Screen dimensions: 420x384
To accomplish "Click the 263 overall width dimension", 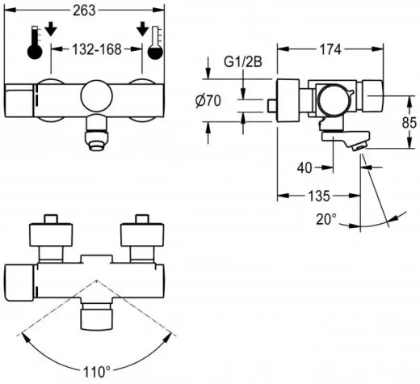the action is pyautogui.click(x=85, y=11).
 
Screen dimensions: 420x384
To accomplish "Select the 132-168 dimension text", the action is pyautogui.click(x=97, y=49).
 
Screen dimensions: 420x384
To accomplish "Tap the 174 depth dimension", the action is pyautogui.click(x=330, y=49).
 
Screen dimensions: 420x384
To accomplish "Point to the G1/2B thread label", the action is pyautogui.click(x=243, y=62).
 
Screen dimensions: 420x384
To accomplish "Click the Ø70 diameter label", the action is pyautogui.click(x=208, y=101).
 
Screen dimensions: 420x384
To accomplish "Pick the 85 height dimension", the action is pyautogui.click(x=409, y=123).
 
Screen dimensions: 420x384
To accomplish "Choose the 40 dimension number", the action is pyautogui.click(x=304, y=168).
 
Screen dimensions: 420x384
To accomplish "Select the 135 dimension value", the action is pyautogui.click(x=318, y=196).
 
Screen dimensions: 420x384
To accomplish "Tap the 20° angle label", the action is pyautogui.click(x=326, y=219).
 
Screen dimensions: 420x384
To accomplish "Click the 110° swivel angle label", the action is pyautogui.click(x=97, y=372).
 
